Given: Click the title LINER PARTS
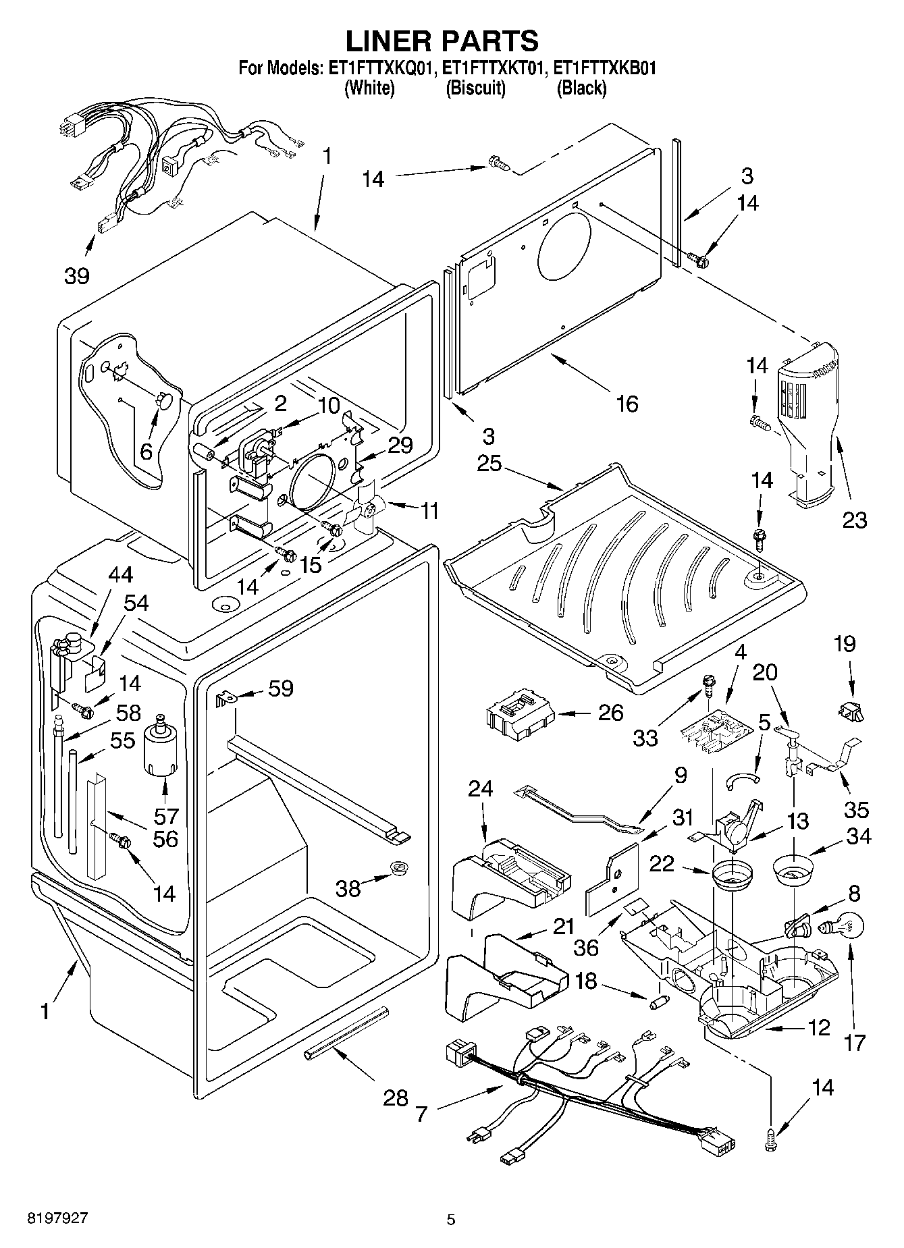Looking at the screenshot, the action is point(442,40).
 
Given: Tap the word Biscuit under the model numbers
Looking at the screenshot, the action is point(475,88).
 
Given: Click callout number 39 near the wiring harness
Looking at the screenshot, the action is point(76,275).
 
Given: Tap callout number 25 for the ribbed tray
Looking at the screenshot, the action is point(490,464).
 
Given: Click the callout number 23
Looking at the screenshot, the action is point(853,520).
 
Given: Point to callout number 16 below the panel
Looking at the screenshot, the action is point(626,404).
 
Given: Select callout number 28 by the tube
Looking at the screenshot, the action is point(396,1098).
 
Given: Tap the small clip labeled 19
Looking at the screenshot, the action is point(850,710).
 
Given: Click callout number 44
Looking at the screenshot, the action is point(119,574).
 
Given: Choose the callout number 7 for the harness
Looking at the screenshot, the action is point(421,1114).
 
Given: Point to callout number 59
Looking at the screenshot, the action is point(281,688).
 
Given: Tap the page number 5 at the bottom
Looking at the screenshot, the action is point(451,1220).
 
